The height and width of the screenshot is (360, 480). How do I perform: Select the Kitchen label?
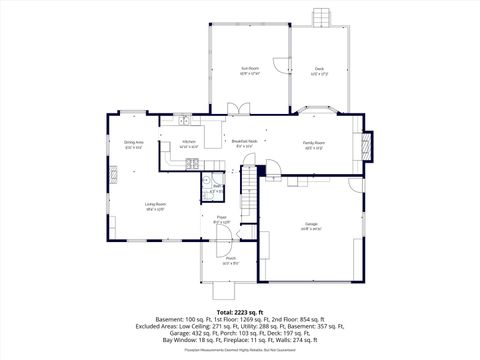pyautogui.click(x=189, y=142)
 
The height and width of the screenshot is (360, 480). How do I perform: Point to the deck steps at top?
pyautogui.click(x=320, y=18)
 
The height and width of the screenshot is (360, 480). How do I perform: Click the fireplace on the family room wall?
pyautogui.click(x=366, y=146)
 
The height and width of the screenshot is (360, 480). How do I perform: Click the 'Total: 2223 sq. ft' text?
pyautogui.click(x=240, y=312)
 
